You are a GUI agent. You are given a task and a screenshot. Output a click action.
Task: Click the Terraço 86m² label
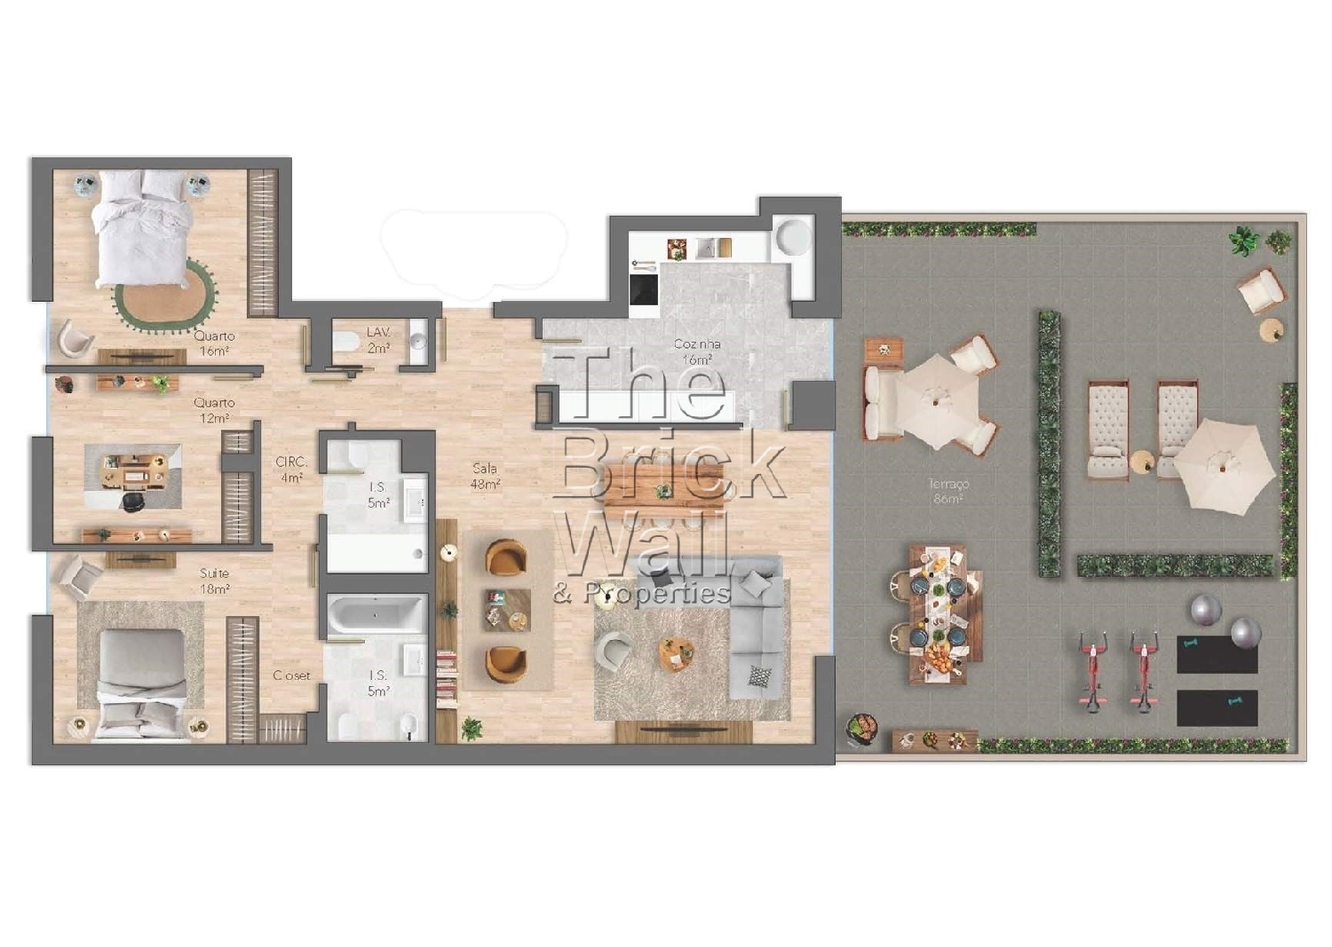[947, 491]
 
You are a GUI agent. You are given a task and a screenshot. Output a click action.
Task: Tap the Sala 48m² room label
[485, 476]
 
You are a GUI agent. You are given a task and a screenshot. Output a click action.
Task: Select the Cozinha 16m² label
[697, 351]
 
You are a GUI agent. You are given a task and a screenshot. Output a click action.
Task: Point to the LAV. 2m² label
[378, 340]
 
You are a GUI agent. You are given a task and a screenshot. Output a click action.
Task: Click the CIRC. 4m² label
[291, 470]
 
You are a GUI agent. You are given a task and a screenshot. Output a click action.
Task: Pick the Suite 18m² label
[215, 580]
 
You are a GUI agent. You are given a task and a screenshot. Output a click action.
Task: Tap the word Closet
[291, 675]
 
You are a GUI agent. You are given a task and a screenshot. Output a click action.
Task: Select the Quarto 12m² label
[215, 409]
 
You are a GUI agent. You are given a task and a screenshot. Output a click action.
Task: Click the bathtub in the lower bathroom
[377, 613]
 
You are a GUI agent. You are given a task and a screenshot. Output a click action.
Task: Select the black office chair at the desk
[132, 501]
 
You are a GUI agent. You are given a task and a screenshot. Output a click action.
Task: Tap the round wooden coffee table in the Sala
[677, 653]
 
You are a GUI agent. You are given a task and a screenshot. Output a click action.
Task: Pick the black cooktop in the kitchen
[644, 288]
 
